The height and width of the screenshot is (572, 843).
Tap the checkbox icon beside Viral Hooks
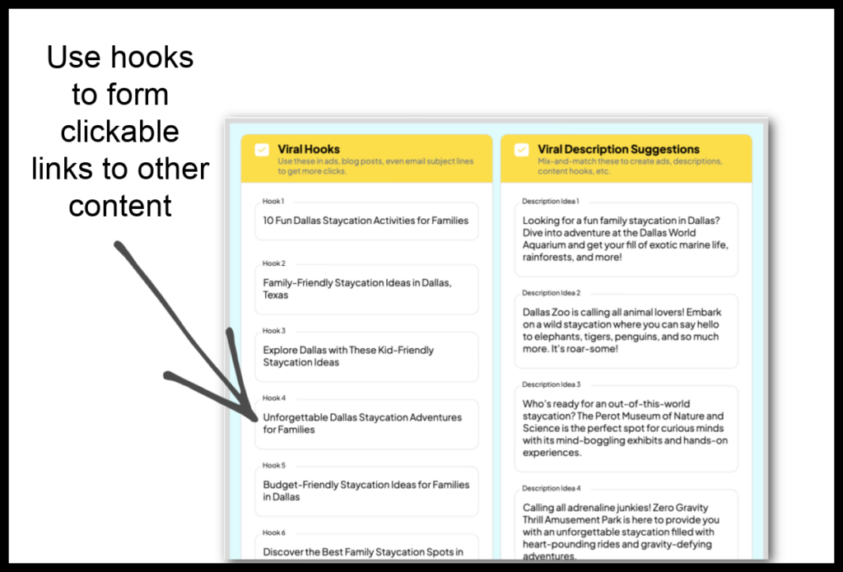click(261, 150)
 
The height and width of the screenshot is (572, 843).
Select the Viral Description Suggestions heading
click(618, 149)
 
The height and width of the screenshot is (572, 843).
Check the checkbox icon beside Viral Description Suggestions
click(521, 150)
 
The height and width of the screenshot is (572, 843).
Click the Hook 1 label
click(273, 201)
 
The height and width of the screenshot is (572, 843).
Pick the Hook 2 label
click(273, 263)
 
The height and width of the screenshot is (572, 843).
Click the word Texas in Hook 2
click(276, 295)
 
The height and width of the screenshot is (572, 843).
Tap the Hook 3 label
click(273, 331)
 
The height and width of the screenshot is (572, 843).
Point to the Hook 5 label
click(273, 465)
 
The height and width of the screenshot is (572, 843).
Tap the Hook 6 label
click(273, 532)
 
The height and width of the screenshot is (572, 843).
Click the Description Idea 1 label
click(551, 201)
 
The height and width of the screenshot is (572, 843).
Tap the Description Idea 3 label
click(551, 384)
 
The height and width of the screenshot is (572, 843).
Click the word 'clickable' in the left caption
click(119, 132)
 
